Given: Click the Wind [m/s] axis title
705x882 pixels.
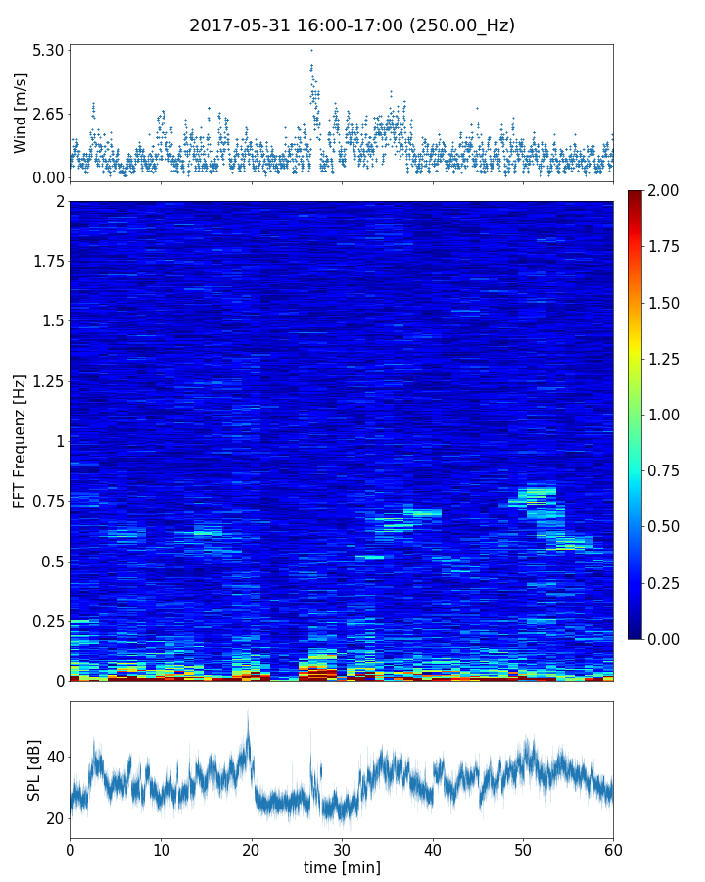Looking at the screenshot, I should tap(21, 112).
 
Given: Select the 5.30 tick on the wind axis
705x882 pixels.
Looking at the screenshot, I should tap(48, 50).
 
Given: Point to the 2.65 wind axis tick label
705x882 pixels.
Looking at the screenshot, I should tap(48, 114).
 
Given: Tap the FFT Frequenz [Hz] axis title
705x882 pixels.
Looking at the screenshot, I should tap(20, 440).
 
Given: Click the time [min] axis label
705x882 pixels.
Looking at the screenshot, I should tap(342, 867).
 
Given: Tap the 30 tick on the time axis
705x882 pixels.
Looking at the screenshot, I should tap(342, 849).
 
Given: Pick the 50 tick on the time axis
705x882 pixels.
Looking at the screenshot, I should tap(523, 849).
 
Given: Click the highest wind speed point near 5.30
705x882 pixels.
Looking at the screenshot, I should tap(311, 50).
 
